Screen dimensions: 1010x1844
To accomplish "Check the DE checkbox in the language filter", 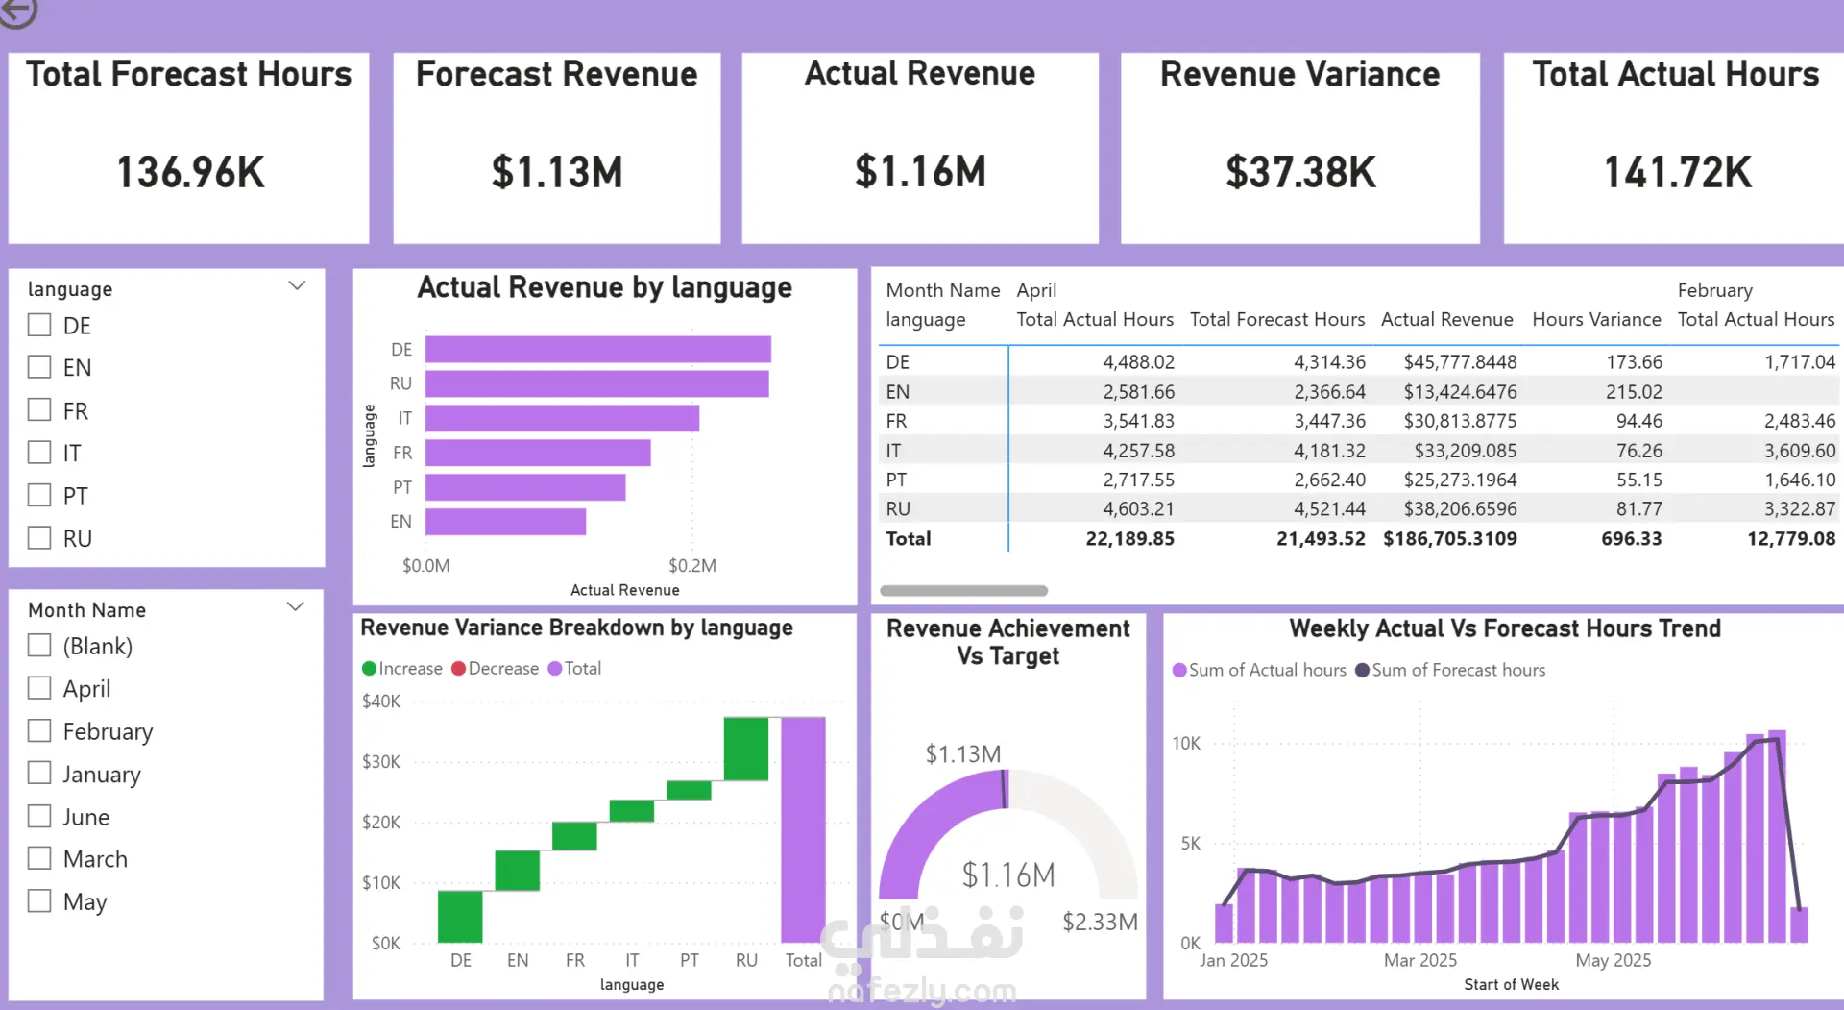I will tap(39, 325).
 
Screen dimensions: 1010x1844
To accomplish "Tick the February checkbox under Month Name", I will tap(39, 731).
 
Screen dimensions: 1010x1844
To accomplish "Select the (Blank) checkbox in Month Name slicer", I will tap(39, 645).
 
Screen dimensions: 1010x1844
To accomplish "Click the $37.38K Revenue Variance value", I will tap(1300, 172).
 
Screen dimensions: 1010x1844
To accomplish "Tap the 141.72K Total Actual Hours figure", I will tap(1677, 172).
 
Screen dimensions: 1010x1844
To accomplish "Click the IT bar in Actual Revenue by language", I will tap(562, 418).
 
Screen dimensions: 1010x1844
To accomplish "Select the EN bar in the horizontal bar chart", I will tap(505, 522).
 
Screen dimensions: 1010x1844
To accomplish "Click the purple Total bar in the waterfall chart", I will tap(803, 828).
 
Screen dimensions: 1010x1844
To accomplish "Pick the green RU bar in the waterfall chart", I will tap(745, 749).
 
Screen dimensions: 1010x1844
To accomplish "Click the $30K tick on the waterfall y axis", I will tap(380, 761).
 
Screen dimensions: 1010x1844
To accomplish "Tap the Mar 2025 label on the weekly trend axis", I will tap(1419, 960).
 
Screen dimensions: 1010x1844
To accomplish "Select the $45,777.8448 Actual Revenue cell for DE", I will tap(1460, 362).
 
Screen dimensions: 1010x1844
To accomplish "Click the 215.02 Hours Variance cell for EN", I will tap(1633, 391).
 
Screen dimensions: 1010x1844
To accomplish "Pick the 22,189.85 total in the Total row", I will tap(1129, 539).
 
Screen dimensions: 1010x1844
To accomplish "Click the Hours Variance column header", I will tap(1596, 319).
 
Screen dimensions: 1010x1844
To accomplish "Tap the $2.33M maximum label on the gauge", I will tap(1100, 922).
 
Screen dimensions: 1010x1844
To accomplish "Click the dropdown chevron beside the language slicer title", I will tap(297, 285).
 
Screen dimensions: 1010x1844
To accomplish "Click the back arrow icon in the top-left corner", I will tap(17, 12).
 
